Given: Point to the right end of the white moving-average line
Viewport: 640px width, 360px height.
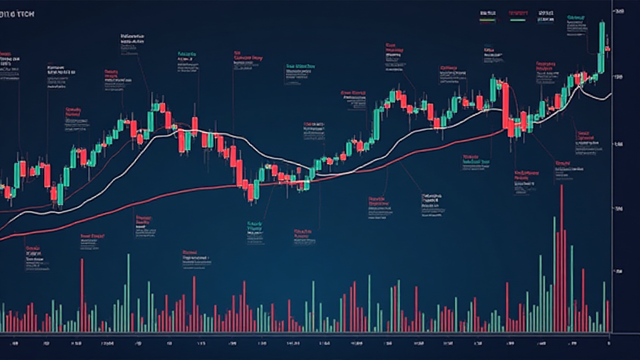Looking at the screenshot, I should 611,95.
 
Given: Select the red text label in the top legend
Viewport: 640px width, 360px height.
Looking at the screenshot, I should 519,12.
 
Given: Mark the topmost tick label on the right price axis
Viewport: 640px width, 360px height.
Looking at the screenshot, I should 620,12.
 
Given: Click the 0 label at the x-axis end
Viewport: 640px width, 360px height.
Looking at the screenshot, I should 609,343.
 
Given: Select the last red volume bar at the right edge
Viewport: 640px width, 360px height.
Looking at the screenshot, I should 607,316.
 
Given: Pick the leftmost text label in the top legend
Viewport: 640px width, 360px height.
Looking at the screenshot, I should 488,12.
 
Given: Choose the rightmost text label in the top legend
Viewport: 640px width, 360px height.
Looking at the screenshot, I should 546,12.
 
